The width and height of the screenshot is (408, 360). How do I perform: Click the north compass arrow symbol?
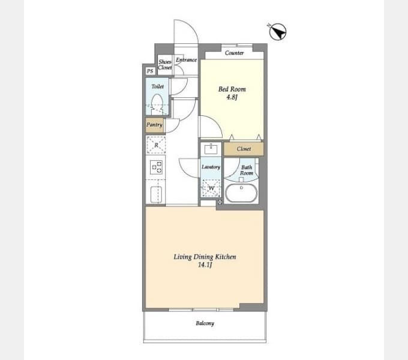pyautogui.click(x=277, y=32)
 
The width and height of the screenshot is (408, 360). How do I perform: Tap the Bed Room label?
pyautogui.click(x=232, y=89)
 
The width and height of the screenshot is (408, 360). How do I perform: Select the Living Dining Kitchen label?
pyautogui.click(x=205, y=257)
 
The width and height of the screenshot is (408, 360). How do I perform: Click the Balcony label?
pyautogui.click(x=205, y=323)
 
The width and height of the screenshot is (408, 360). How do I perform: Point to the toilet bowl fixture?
pyautogui.click(x=157, y=104)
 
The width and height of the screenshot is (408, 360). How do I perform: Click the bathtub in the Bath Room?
pyautogui.click(x=241, y=193)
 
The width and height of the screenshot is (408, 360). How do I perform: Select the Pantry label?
pyautogui.click(x=154, y=125)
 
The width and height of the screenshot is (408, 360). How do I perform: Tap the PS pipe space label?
pyautogui.click(x=150, y=71)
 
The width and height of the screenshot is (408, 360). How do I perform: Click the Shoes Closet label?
pyautogui.click(x=165, y=65)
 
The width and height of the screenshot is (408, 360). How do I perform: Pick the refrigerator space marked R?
pyautogui.click(x=156, y=145)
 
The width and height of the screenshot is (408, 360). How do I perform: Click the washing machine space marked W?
pyautogui.click(x=211, y=188)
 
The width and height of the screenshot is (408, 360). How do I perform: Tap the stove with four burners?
pyautogui.click(x=157, y=167)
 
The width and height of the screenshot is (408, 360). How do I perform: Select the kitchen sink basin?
pyautogui.click(x=157, y=194)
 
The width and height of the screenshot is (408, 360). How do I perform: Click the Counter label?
pyautogui.click(x=234, y=53)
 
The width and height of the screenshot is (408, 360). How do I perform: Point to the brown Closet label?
pyautogui.click(x=244, y=149)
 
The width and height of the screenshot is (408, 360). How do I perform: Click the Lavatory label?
pyautogui.click(x=211, y=167)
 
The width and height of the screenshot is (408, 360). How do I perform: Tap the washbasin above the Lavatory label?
pyautogui.click(x=211, y=149)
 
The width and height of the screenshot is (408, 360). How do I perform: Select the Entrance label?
pyautogui.click(x=187, y=60)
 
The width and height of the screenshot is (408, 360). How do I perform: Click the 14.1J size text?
pyautogui.click(x=205, y=265)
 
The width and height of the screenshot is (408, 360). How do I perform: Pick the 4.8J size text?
pyautogui.click(x=232, y=97)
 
